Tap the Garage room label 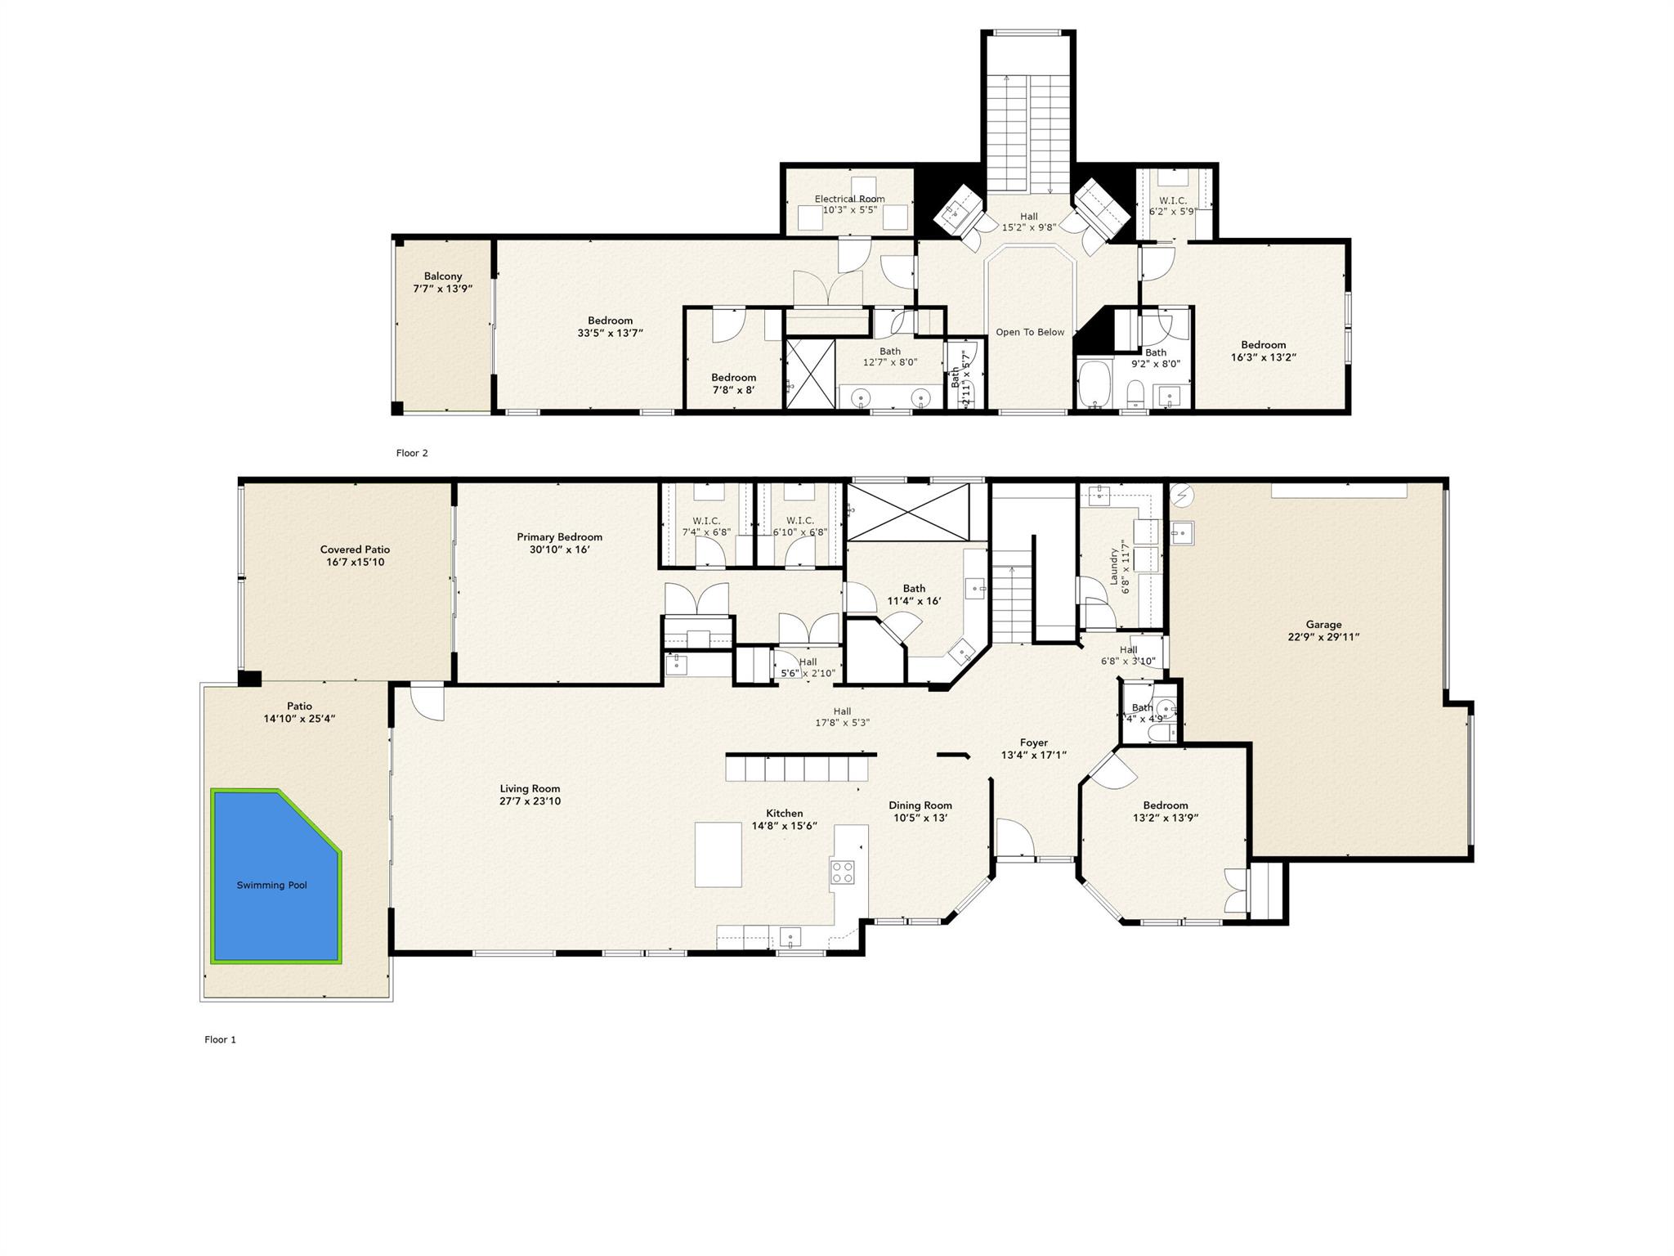(1323, 625)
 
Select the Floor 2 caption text (412, 453)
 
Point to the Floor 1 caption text (220, 1039)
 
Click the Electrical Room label (849, 199)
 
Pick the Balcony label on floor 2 (443, 276)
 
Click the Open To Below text (1030, 332)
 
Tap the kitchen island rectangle (718, 855)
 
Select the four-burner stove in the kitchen (842, 872)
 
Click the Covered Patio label (355, 549)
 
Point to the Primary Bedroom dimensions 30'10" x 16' (559, 549)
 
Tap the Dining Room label (920, 805)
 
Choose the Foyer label (1034, 743)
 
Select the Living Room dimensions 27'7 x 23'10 (530, 801)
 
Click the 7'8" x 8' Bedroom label (733, 377)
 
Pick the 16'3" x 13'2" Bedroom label (1263, 345)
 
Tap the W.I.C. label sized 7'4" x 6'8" (706, 521)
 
